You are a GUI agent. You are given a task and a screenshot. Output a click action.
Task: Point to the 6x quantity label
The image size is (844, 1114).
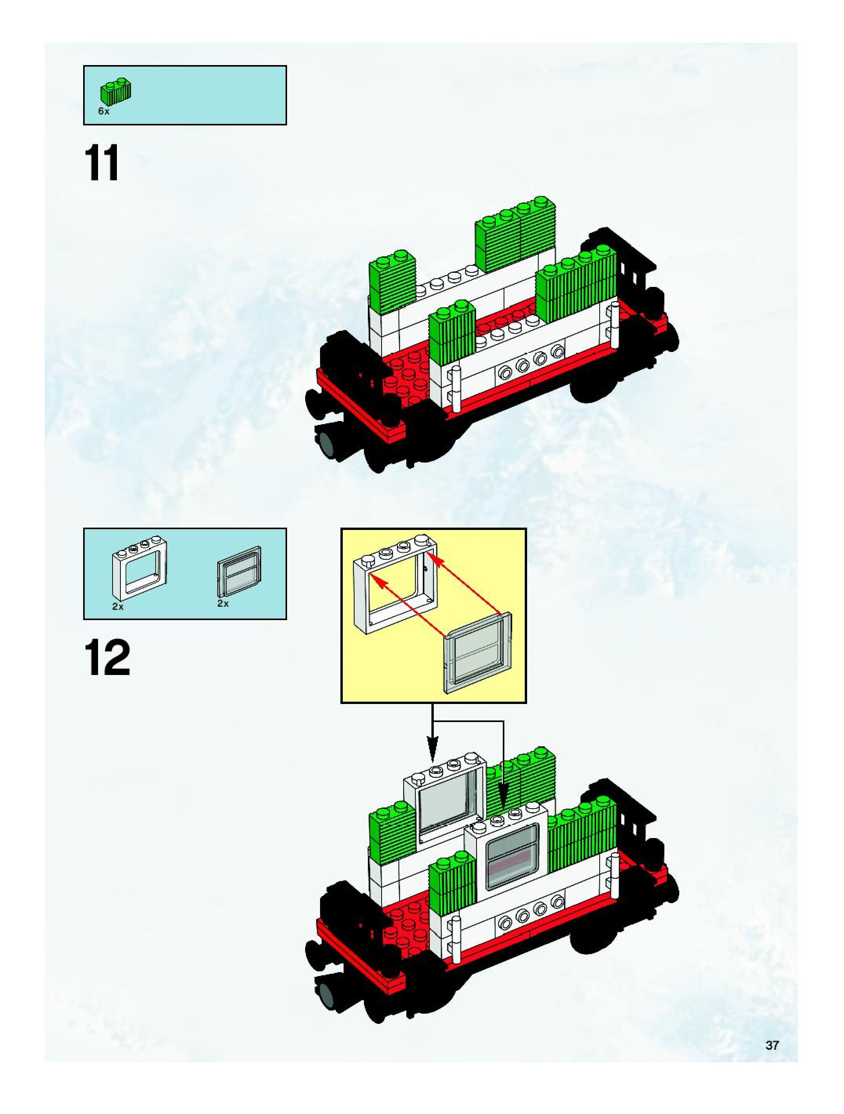click(104, 111)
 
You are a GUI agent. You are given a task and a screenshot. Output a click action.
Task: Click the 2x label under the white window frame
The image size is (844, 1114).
click(118, 607)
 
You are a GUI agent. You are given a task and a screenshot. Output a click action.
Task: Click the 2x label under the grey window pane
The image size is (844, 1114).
click(223, 603)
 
